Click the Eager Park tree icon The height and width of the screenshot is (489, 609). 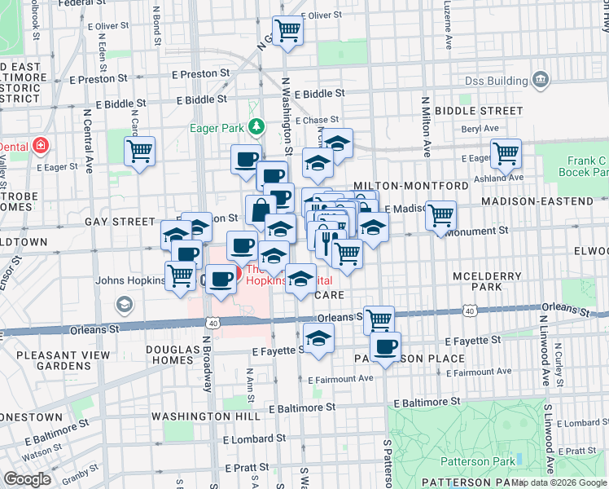point(257,126)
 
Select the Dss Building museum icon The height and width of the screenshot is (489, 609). point(539,79)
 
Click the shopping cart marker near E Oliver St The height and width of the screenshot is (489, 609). point(287,31)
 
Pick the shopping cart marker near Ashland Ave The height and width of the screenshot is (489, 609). point(506,152)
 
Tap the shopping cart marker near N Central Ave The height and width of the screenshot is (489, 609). point(139,150)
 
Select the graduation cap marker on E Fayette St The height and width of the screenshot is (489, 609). point(319,337)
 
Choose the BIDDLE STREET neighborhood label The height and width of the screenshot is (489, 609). point(479,110)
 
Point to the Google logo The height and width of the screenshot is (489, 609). point(28,479)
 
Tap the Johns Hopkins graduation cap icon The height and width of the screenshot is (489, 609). point(125,305)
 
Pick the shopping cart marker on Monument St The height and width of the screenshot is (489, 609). point(440,215)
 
